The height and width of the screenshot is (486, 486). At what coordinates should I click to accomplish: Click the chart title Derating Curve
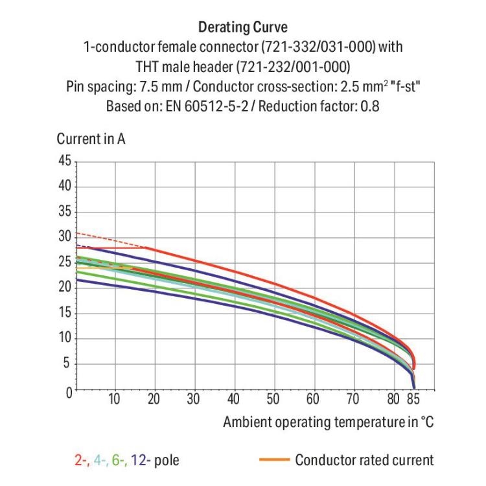(x=242, y=27)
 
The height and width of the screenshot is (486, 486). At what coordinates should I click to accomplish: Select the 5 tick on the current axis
(x=67, y=364)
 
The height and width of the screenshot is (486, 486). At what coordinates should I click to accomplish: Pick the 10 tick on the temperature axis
(x=115, y=399)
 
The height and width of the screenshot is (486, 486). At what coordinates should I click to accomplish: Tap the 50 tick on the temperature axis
(x=273, y=399)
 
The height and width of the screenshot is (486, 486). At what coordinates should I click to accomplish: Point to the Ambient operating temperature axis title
(x=328, y=422)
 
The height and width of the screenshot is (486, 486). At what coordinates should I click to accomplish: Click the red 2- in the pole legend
(x=81, y=461)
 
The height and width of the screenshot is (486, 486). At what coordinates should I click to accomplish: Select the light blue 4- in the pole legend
(x=100, y=461)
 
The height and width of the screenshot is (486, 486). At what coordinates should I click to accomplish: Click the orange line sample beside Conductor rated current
(x=273, y=461)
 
